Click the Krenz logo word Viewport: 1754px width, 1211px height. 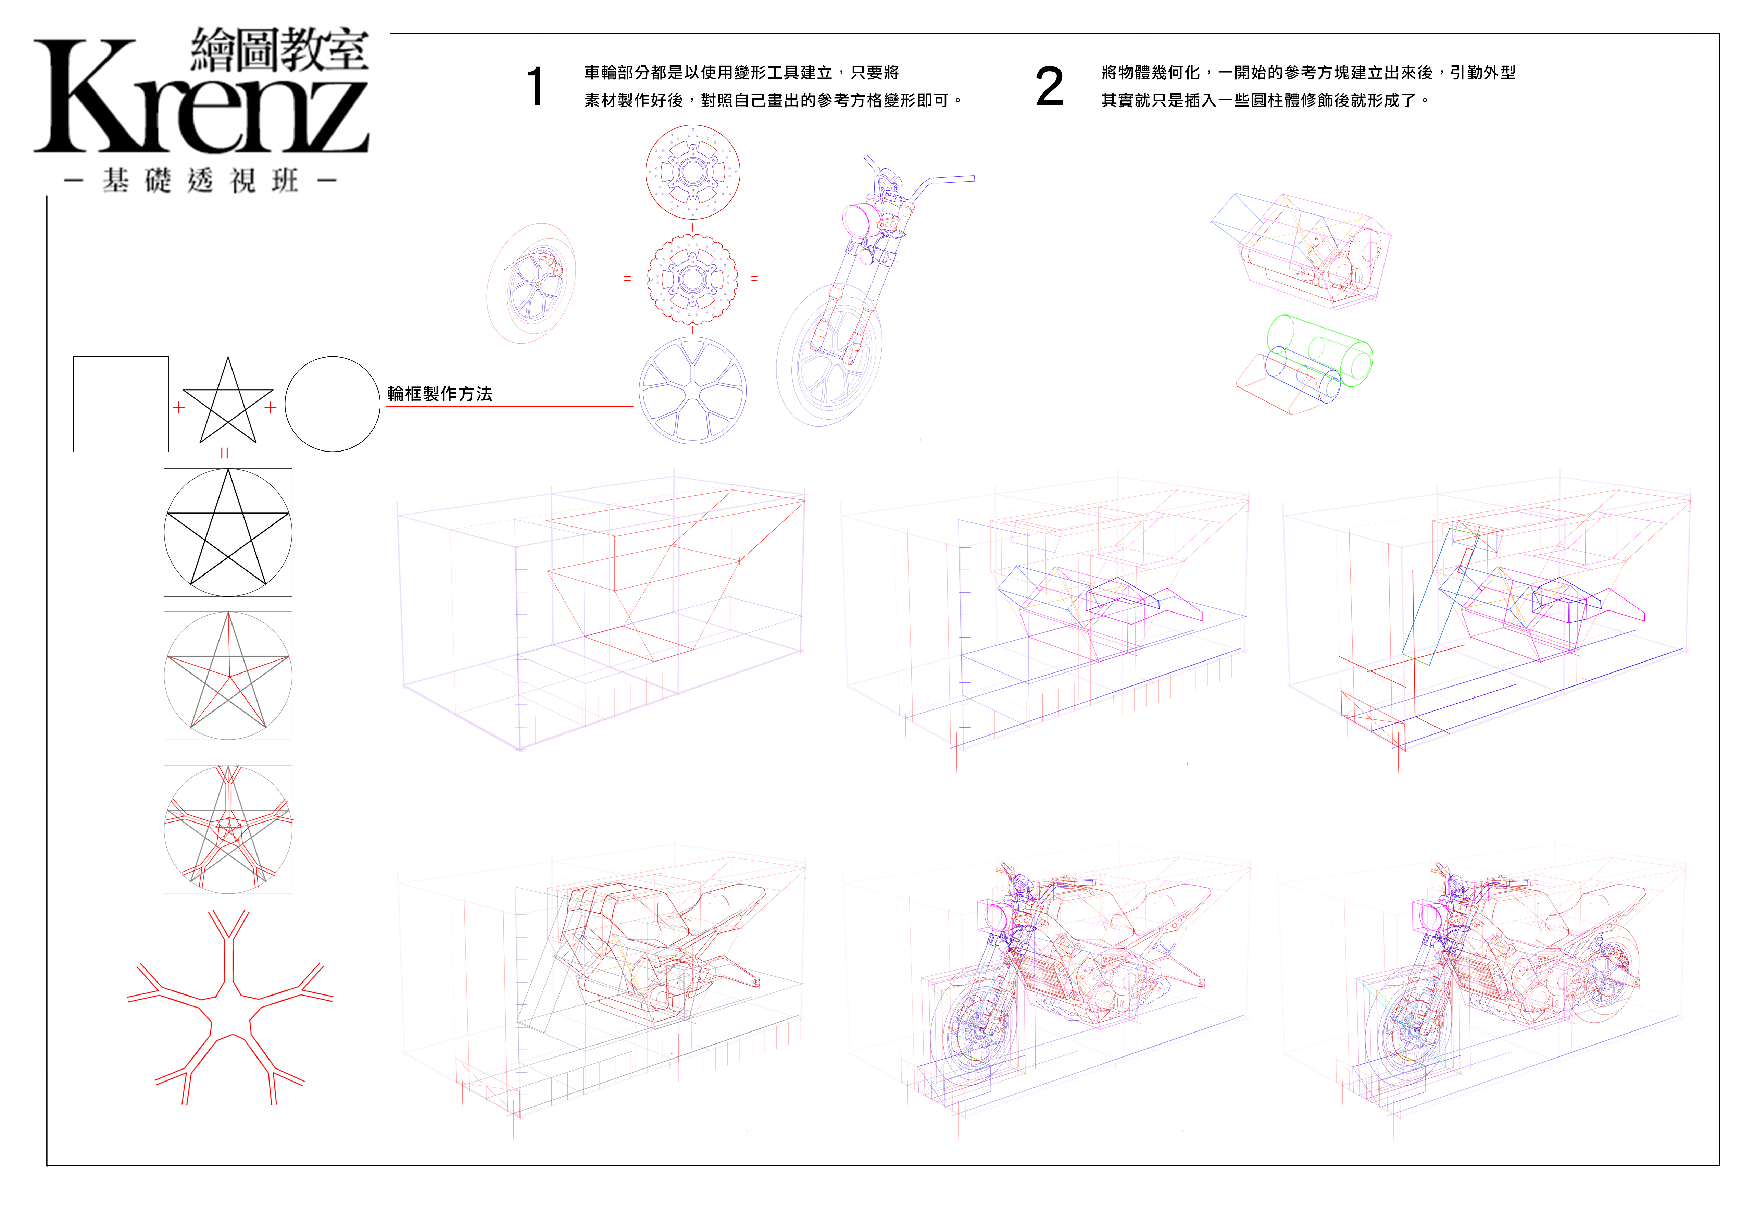click(x=201, y=99)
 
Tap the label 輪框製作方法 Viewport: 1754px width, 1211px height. click(x=440, y=394)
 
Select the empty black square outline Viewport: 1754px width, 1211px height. click(x=121, y=404)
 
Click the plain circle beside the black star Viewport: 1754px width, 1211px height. click(x=332, y=404)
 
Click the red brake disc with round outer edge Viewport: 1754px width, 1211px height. click(x=692, y=172)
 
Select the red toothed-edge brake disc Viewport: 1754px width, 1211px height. click(x=692, y=279)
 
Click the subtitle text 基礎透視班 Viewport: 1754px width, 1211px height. click(x=201, y=181)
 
